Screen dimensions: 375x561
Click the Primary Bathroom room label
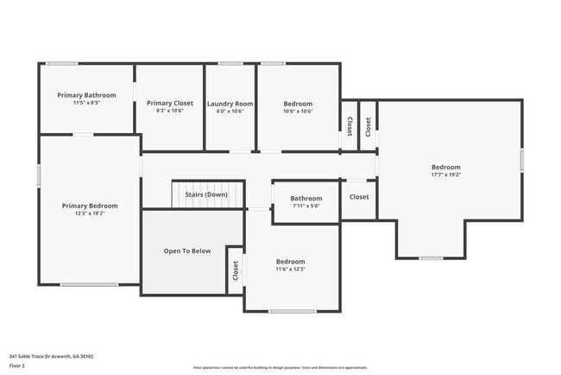pos(85,94)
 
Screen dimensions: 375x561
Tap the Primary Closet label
pos(169,103)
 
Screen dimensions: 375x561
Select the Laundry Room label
pos(230,104)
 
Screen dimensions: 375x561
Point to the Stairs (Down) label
pos(206,194)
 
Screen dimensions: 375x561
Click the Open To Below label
pos(187,251)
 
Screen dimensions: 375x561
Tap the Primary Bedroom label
pos(90,206)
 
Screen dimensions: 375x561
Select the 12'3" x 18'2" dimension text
pos(90,213)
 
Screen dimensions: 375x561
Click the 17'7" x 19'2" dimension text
pos(446,175)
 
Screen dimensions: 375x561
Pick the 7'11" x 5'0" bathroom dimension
pos(306,206)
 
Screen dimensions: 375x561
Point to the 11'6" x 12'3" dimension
pos(290,269)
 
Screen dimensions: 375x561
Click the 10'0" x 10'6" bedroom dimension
pos(298,111)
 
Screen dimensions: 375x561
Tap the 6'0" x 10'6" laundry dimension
pos(230,111)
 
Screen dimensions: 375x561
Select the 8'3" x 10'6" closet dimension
pos(169,111)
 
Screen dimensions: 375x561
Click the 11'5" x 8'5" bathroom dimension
pos(85,102)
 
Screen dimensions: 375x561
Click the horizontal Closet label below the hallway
pos(359,197)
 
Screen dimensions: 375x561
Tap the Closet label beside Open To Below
pos(235,270)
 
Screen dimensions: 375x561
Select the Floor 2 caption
pos(17,365)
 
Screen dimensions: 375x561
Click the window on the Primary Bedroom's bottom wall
pos(89,284)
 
